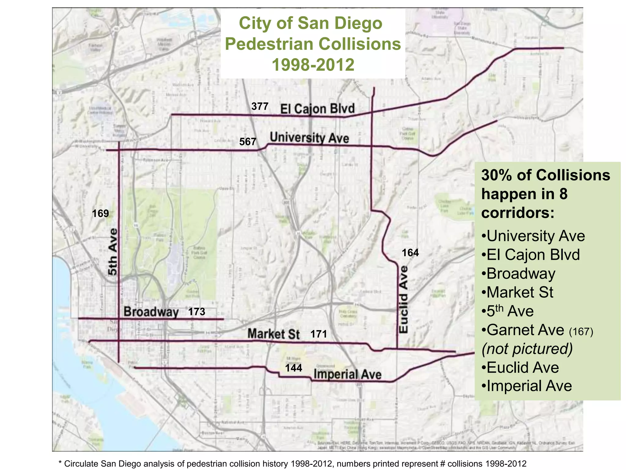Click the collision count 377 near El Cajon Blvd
click(x=260, y=106)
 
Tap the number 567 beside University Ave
click(x=248, y=142)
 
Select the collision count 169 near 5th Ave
click(x=101, y=213)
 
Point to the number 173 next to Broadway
click(x=197, y=312)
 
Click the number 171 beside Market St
click(x=319, y=334)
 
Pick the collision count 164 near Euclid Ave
click(x=410, y=253)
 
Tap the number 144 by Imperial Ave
click(x=293, y=368)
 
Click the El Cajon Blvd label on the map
click(x=318, y=109)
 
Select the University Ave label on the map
click(x=309, y=138)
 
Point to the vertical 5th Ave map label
click(x=113, y=252)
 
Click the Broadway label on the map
click(x=151, y=312)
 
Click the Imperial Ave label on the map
click(x=348, y=374)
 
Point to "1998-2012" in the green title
click(x=313, y=65)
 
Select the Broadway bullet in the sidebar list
click(x=521, y=274)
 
